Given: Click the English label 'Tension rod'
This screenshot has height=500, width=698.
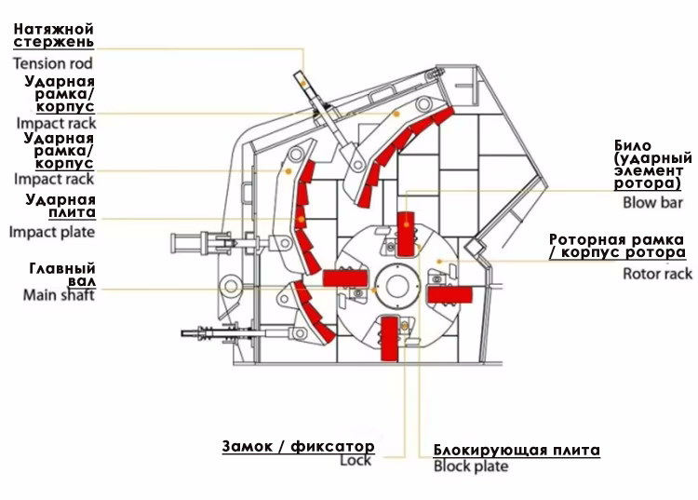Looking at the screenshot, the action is coord(52,63).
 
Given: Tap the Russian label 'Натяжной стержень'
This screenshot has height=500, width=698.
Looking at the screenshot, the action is coord(54,35).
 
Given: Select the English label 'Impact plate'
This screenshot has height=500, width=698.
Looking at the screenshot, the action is coord(51,232).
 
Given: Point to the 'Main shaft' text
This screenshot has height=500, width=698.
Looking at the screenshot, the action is coord(59,295).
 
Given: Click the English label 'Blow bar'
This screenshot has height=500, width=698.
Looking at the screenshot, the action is coord(652,203).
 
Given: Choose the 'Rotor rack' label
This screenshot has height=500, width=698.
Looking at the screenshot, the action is coord(657,274).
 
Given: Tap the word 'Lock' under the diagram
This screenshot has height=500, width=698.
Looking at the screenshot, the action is coord(356,460).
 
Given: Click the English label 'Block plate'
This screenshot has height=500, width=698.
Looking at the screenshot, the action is coord(471,466).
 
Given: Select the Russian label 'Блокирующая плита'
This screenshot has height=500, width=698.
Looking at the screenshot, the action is coord(517,450).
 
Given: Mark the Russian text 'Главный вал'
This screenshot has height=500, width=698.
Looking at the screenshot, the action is coord(62,275).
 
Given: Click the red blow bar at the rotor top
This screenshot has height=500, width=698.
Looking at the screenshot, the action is coord(405,235).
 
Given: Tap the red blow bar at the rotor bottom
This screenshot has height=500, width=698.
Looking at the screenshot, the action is coord(389,338).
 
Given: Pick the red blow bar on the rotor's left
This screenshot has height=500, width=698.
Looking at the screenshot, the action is coord(345,278).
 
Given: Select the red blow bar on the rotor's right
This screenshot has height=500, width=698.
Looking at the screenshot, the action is coord(450,295).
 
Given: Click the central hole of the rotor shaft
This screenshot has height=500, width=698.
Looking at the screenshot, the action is coord(397,286).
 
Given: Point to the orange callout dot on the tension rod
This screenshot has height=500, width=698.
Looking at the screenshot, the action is coord(302,83).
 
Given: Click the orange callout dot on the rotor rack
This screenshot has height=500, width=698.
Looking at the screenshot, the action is coord(439,261).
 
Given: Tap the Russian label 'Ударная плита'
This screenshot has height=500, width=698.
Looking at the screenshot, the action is coord(60,206).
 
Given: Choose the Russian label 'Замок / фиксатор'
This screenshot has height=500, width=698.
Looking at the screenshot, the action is coord(298,447).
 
